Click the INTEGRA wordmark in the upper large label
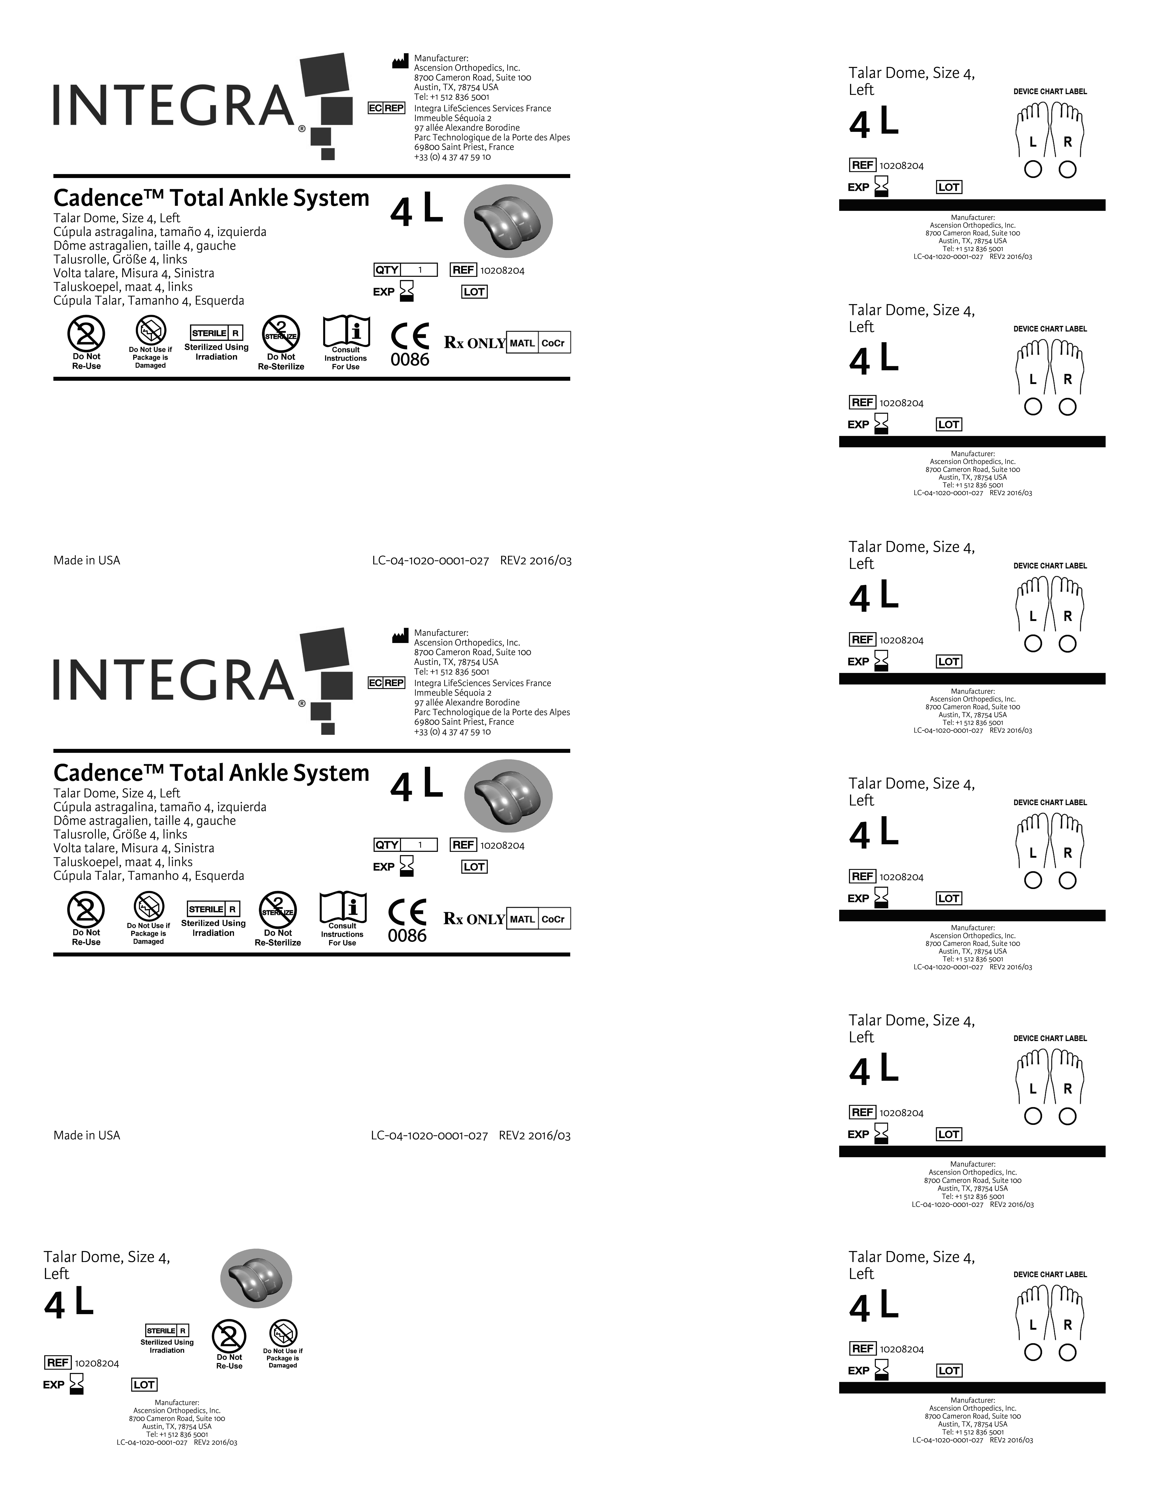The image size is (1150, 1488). pos(174,106)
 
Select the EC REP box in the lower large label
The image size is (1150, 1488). pos(386,683)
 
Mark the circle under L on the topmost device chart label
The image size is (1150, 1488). pos(1033,170)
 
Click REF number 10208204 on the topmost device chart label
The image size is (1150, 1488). pos(901,166)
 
